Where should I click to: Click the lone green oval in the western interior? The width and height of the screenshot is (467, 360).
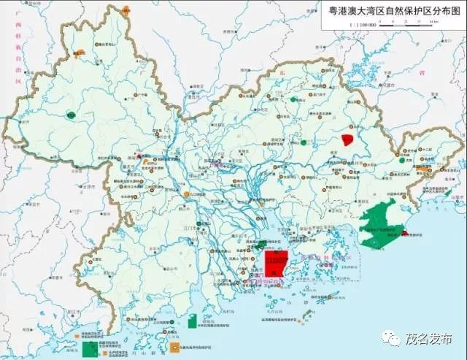pos(71,114)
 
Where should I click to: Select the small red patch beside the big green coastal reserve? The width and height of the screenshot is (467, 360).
pos(404,234)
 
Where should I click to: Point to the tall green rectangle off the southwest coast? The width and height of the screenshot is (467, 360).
pos(193,322)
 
